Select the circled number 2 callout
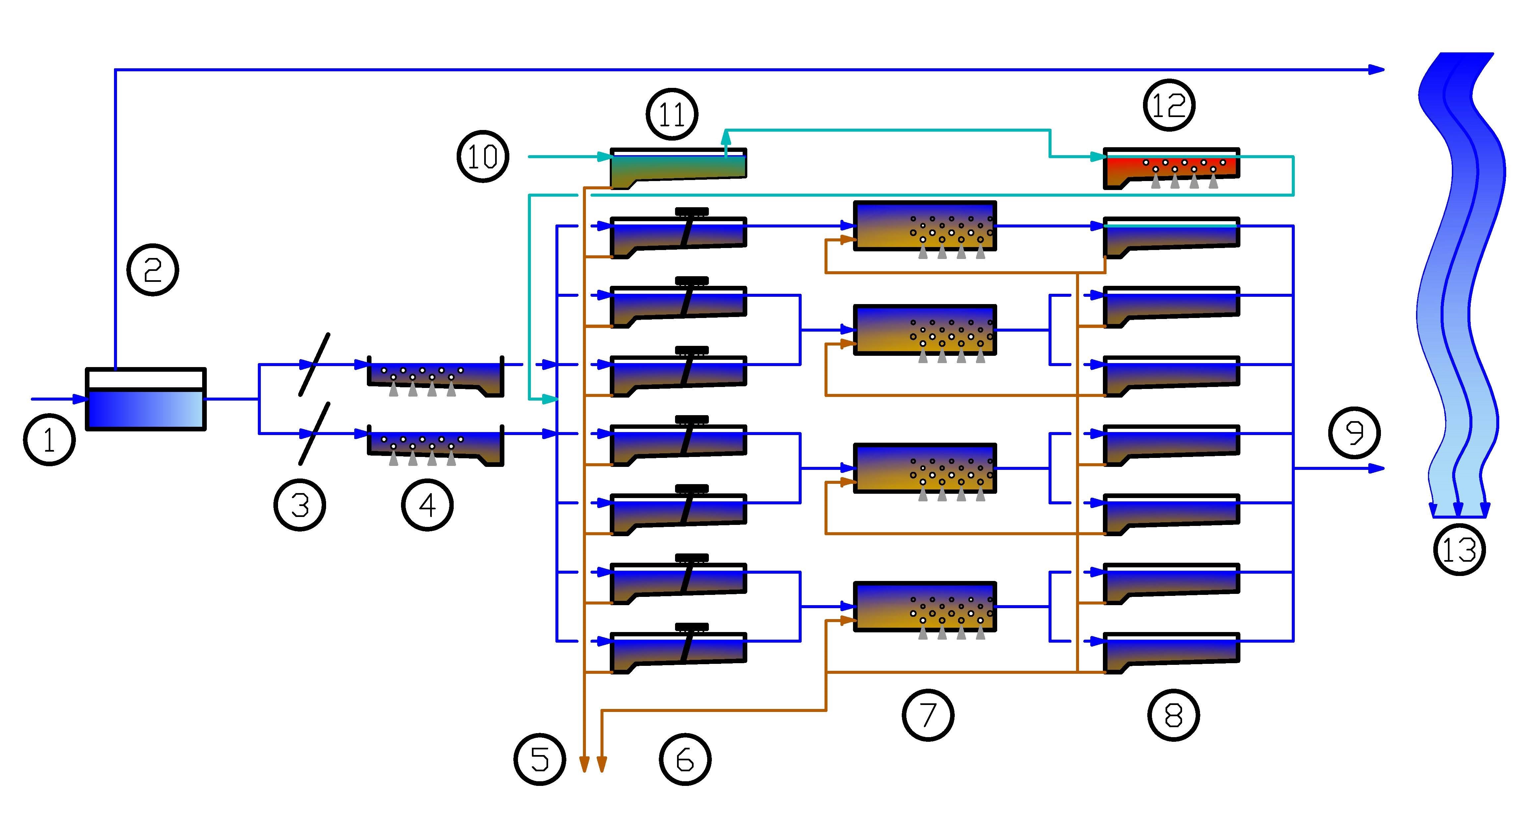[x=153, y=270]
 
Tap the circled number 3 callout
[x=300, y=505]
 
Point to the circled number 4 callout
[x=427, y=505]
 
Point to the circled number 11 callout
[x=672, y=114]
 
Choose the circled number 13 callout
[x=1459, y=549]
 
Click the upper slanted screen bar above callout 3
[x=314, y=364]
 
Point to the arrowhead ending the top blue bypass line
[x=1377, y=70]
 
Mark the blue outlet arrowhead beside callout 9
[x=1377, y=468]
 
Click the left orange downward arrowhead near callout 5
[x=584, y=764]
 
